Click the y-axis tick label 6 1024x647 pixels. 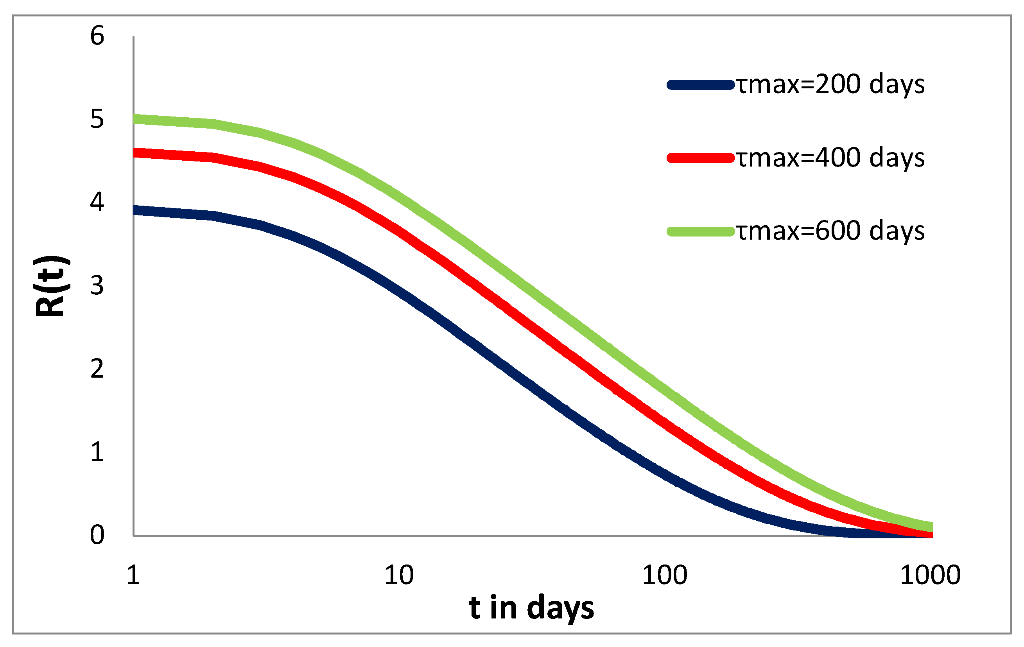(x=97, y=36)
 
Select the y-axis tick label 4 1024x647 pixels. (x=97, y=202)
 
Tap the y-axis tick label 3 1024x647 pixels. (x=97, y=285)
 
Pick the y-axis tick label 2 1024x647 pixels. (x=97, y=369)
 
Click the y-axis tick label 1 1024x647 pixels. (x=97, y=452)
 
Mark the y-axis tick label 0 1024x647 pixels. (x=97, y=535)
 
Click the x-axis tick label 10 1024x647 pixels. (x=399, y=575)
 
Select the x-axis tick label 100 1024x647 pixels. (x=665, y=575)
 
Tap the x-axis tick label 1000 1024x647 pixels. (x=931, y=575)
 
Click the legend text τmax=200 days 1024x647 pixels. (x=830, y=84)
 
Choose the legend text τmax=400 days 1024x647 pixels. (x=830, y=158)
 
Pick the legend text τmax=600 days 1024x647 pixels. (x=830, y=231)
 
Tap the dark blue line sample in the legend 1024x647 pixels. (x=701, y=84)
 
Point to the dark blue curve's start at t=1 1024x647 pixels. (x=135, y=210)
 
